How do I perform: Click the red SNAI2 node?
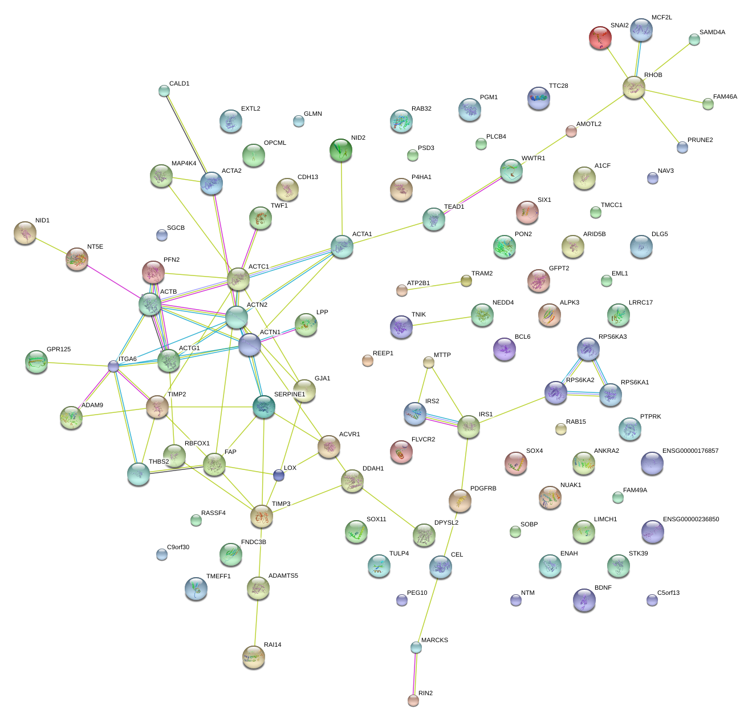(x=600, y=38)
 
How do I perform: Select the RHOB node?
(x=634, y=87)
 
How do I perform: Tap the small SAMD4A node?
(x=694, y=39)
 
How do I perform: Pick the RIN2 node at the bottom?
(x=413, y=700)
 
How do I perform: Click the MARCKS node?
(x=416, y=647)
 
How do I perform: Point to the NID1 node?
(x=25, y=233)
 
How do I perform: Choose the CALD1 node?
(x=164, y=91)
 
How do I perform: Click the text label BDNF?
(x=603, y=588)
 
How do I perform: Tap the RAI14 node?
(x=254, y=657)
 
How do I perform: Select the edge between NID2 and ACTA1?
(x=342, y=197)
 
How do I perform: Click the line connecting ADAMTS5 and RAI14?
(x=256, y=623)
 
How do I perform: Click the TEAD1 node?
(x=434, y=219)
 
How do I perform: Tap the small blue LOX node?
(x=278, y=475)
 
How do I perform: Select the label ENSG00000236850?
(x=690, y=520)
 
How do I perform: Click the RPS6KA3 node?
(x=588, y=349)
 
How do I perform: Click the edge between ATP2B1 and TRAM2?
(x=433, y=285)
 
